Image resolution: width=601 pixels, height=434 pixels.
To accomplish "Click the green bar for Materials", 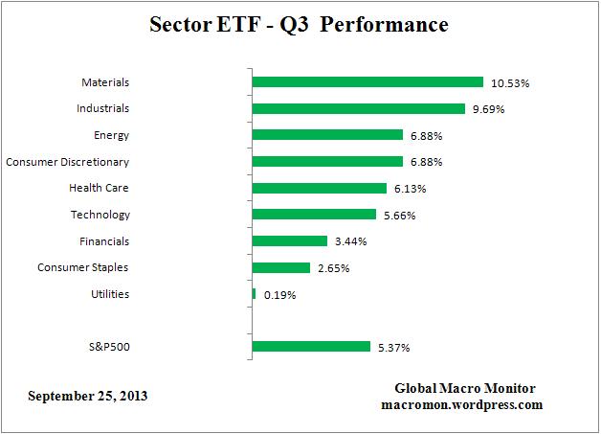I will [367, 82].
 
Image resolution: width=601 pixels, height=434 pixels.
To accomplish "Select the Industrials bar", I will [358, 108].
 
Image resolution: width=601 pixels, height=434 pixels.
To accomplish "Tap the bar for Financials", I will [289, 240].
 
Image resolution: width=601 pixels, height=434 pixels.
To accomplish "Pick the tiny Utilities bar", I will [254, 293].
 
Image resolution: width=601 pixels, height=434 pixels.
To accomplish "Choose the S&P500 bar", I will [310, 346].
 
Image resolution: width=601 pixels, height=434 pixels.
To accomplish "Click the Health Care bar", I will [319, 188].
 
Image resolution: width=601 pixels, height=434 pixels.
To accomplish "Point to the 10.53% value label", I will [510, 83].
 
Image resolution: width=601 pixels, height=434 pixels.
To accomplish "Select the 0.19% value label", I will [279, 295].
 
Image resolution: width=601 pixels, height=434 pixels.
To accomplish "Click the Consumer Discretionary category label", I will [67, 162].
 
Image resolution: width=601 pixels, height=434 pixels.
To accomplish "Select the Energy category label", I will [112, 135].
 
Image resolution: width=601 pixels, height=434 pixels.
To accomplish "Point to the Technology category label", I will [100, 215].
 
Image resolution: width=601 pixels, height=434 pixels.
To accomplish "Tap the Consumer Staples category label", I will [83, 267].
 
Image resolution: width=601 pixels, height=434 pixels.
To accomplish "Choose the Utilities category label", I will [109, 294].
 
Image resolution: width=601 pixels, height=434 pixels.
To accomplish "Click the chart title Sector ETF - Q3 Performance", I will [300, 25].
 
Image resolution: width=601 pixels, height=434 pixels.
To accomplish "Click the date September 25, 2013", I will [88, 395].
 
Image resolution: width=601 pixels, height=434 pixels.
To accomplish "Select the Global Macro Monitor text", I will [465, 388].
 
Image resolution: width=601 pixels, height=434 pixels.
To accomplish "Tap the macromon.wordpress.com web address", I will [461, 404].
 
